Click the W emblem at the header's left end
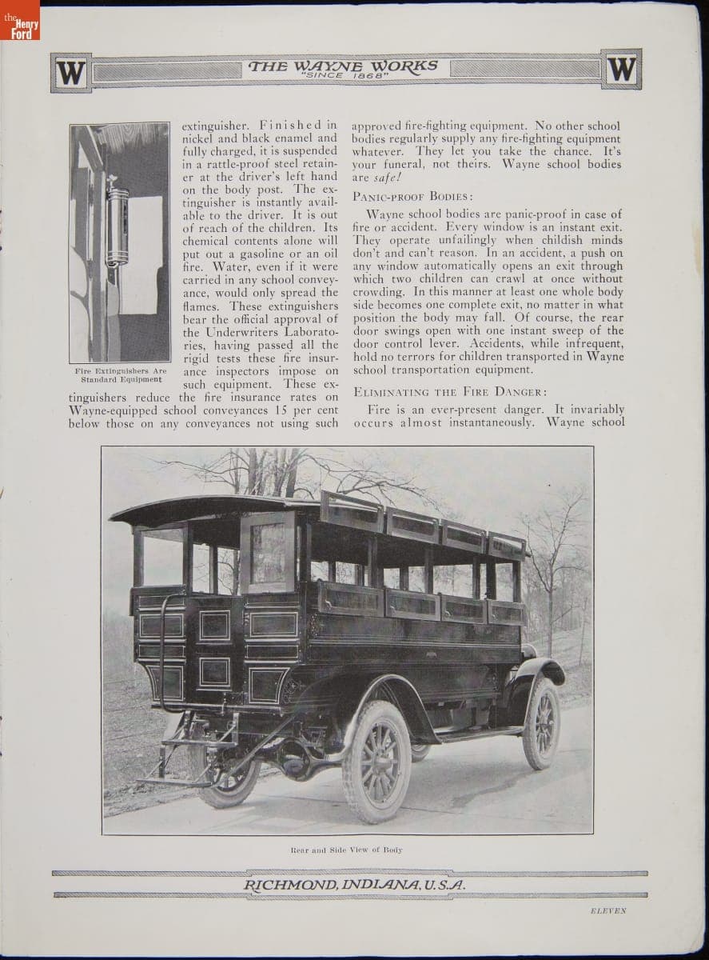pos(70,73)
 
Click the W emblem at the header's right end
pos(621,70)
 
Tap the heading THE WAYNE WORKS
pos(343,66)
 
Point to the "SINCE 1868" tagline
pos(343,76)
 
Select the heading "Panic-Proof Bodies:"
pos(412,196)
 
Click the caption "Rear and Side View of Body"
pos(346,849)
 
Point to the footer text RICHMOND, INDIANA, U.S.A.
pos(354,884)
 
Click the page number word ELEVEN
pos(608,910)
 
